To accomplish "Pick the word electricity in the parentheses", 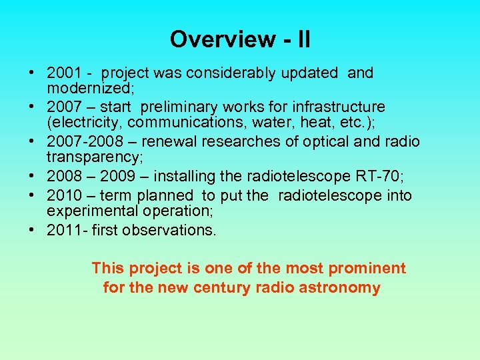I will pos(85,123).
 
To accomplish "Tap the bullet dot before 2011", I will pos(32,230).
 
